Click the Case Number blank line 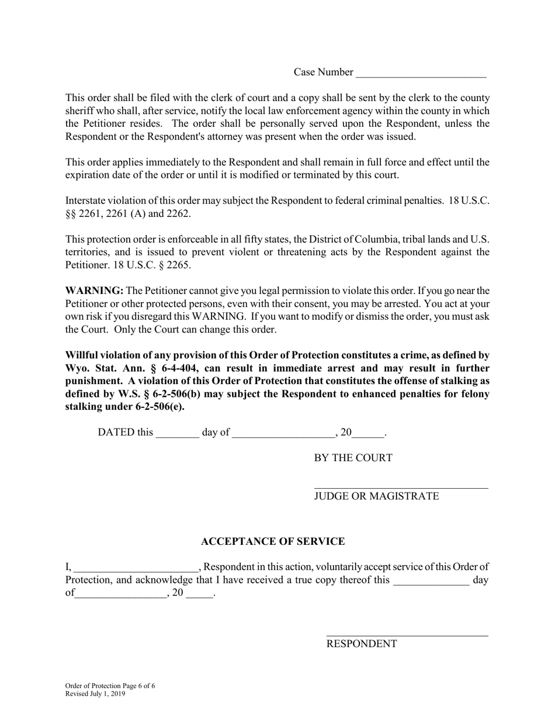click(x=421, y=74)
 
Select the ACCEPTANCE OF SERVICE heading click(x=273, y=542)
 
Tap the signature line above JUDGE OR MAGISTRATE click(x=401, y=488)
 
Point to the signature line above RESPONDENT click(x=407, y=635)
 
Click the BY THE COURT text click(x=353, y=458)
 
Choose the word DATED click(x=117, y=433)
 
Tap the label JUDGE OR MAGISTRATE click(x=376, y=496)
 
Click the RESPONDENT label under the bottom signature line click(x=361, y=644)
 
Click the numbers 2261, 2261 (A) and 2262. click(x=134, y=214)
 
